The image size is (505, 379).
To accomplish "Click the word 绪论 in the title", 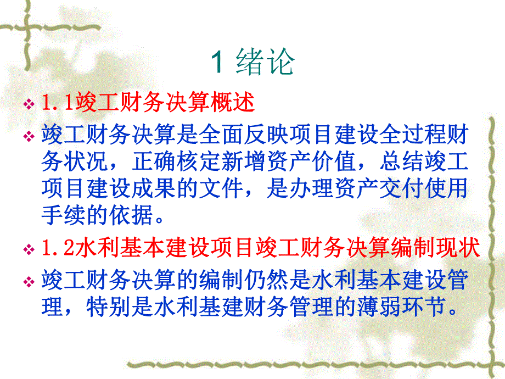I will click(266, 62).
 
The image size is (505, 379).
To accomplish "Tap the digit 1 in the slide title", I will click(217, 62).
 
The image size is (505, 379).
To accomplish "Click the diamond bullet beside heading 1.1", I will click(29, 103).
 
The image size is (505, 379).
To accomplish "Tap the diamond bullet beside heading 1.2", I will click(29, 250).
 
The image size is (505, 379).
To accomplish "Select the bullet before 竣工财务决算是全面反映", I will click(29, 135).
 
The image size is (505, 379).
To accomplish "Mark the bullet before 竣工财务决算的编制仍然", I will click(29, 282).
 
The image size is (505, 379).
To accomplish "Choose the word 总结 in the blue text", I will click(400, 161).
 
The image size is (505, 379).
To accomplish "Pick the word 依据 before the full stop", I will click(133, 216).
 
